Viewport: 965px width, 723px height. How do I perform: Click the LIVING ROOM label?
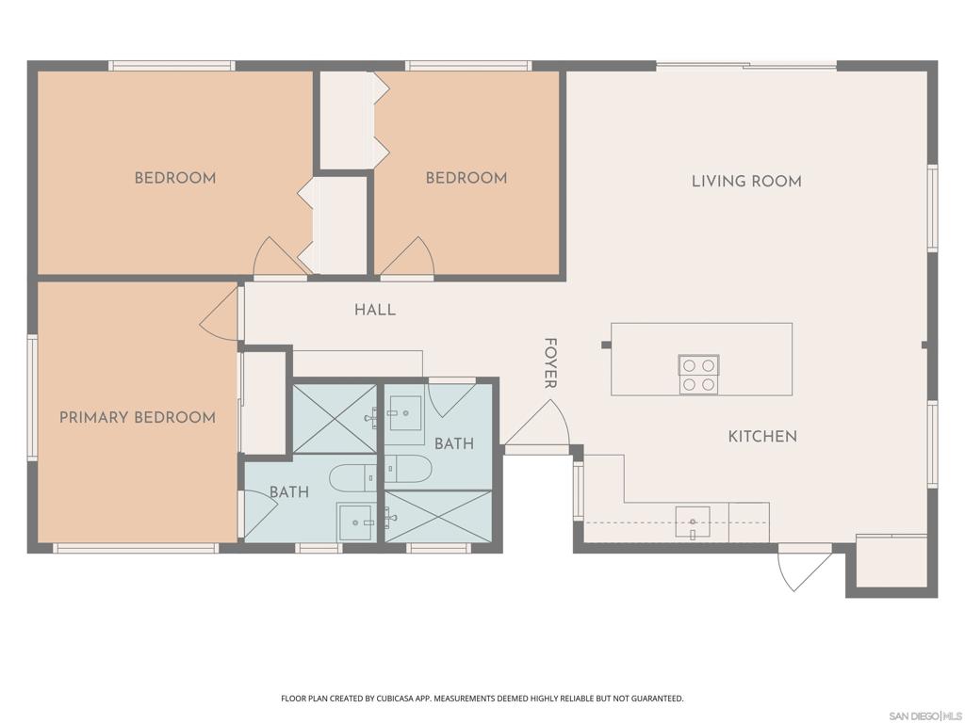point(746,181)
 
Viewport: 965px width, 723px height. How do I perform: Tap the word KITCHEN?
point(762,436)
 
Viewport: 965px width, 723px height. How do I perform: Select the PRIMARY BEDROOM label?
point(138,417)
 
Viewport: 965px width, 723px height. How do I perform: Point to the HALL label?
point(375,310)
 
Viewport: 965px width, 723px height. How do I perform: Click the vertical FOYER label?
point(550,362)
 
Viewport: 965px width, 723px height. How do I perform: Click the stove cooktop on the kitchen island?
point(698,374)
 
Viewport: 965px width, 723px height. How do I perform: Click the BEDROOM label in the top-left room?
point(174,178)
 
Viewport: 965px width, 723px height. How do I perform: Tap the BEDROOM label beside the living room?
point(466,178)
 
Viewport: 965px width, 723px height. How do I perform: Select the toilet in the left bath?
point(352,478)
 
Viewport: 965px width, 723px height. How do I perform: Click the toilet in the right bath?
point(408,468)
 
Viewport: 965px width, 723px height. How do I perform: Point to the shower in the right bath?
point(438,516)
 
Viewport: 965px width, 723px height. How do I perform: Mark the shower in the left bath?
point(335,418)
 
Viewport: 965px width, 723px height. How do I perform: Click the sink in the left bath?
point(356,522)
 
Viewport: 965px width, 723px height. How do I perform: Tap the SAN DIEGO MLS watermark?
point(924,715)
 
